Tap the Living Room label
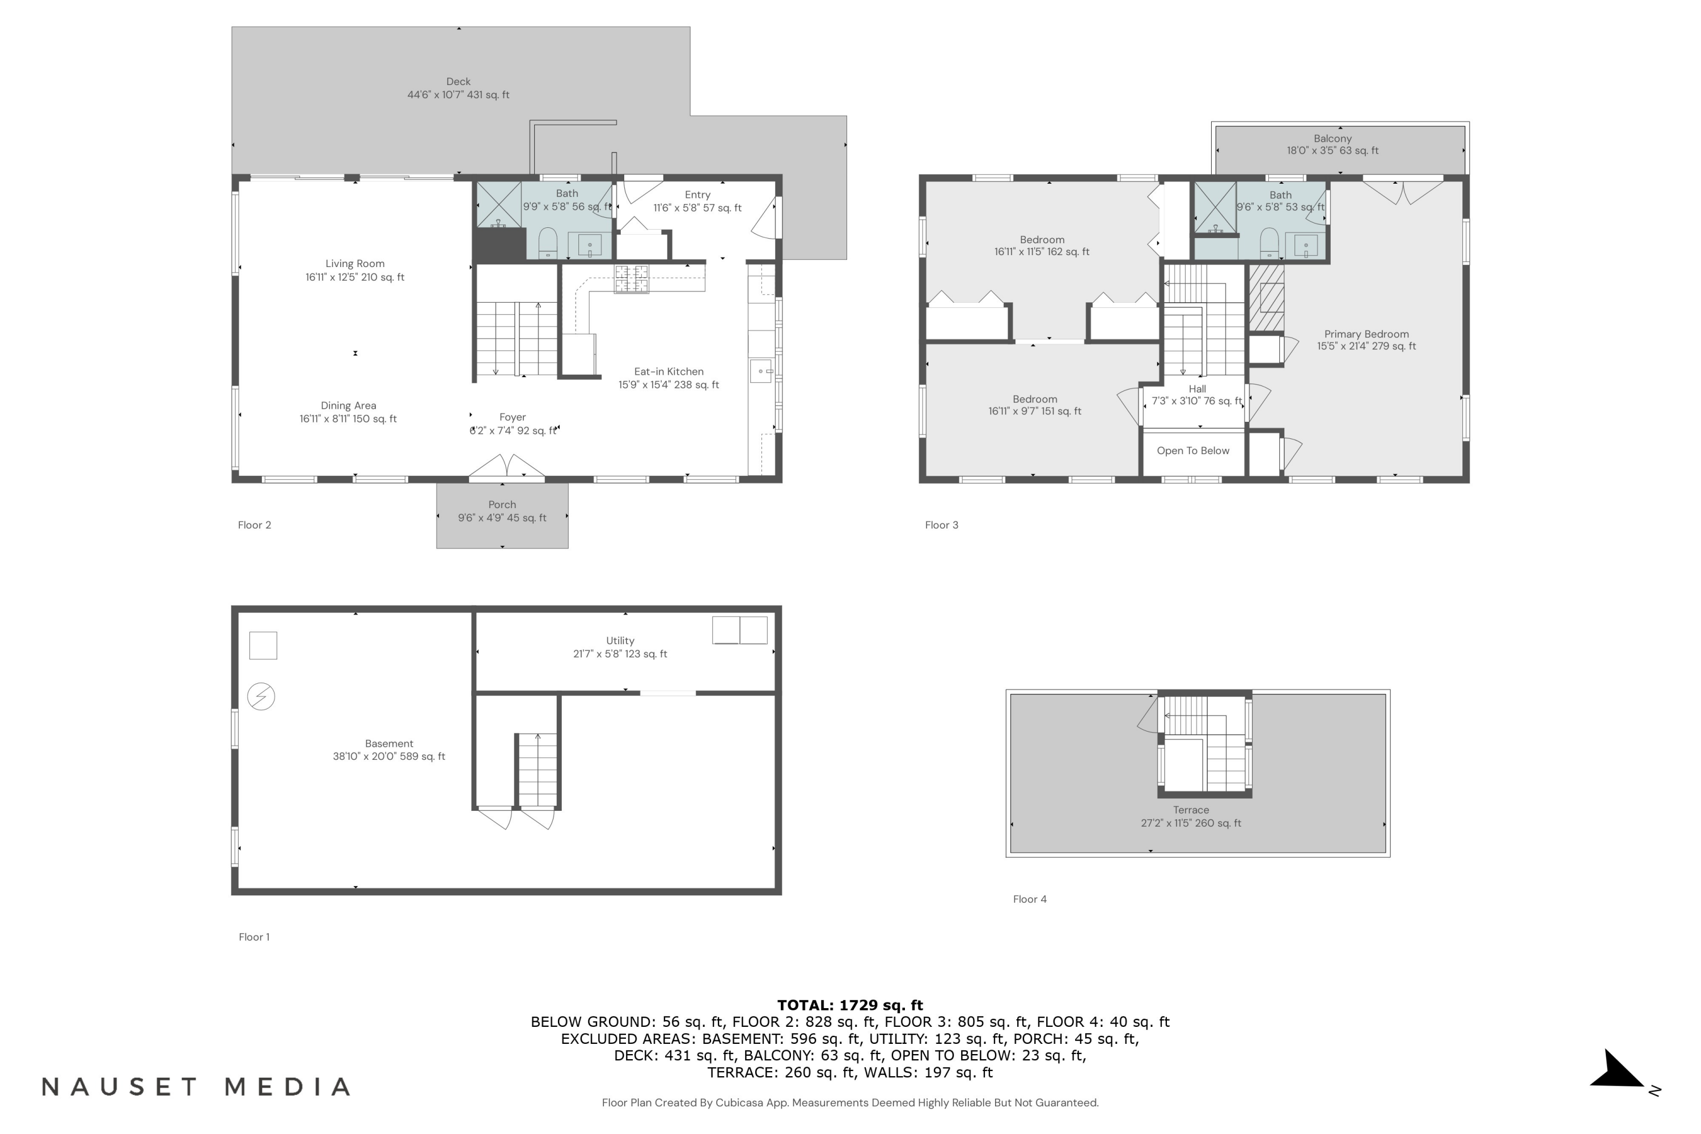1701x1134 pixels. tap(354, 270)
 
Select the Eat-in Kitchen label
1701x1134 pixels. tap(668, 378)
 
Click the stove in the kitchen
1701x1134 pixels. tap(632, 279)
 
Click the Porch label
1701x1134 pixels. tap(502, 511)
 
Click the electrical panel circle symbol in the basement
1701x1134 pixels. tap(261, 696)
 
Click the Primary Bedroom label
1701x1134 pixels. tap(1366, 340)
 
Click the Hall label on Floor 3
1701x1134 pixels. tap(1197, 395)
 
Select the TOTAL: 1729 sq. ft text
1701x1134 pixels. tap(850, 1005)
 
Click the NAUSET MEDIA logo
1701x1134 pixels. tap(196, 1087)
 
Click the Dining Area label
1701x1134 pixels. tap(348, 412)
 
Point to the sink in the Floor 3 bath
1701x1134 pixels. tap(1305, 246)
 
